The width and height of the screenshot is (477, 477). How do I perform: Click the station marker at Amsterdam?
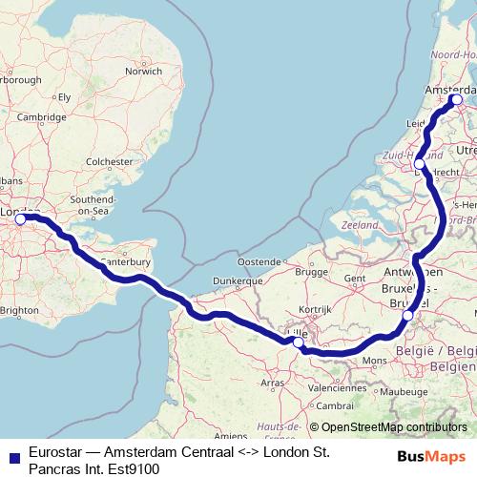[456, 99]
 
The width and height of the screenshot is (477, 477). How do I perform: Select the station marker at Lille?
[299, 342]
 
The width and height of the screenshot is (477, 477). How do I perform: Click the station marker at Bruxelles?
[407, 316]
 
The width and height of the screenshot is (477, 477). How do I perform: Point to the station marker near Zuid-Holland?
[420, 165]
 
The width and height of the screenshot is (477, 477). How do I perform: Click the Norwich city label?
[144, 71]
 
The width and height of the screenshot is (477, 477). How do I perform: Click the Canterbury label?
[124, 259]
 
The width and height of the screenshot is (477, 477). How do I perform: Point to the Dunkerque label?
[238, 281]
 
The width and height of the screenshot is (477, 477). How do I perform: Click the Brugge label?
[311, 271]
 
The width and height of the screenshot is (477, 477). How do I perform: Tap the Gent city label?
[355, 278]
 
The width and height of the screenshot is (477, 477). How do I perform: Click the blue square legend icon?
[11, 457]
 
